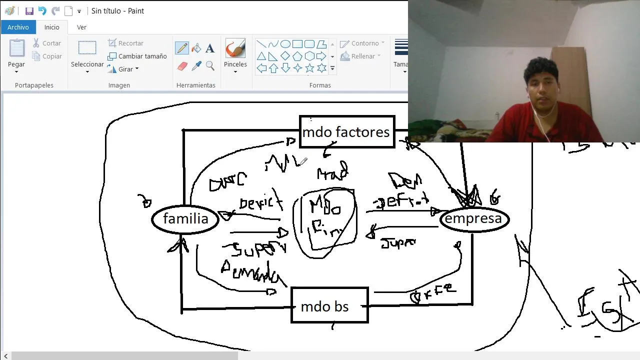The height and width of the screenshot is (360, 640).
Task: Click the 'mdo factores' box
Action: pyautogui.click(x=346, y=132)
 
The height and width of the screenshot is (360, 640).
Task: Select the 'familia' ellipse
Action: pyautogui.click(x=185, y=219)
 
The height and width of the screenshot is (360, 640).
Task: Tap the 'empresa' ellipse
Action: pyautogui.click(x=473, y=219)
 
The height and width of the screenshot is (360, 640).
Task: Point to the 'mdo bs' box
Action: pyautogui.click(x=329, y=306)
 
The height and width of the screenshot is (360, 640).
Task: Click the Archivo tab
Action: pyautogui.click(x=18, y=27)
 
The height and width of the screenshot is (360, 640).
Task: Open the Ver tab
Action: pyautogui.click(x=81, y=27)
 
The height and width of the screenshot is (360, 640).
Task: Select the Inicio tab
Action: pyautogui.click(x=51, y=27)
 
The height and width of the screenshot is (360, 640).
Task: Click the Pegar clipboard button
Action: pyautogui.click(x=16, y=54)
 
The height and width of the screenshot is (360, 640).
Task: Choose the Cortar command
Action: pyautogui.click(x=47, y=43)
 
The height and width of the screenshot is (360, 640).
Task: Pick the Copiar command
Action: pyautogui.click(x=47, y=56)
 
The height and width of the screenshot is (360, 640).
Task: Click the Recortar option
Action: pyautogui.click(x=126, y=43)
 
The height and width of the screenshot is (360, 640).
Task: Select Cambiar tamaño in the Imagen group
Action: pyautogui.click(x=137, y=56)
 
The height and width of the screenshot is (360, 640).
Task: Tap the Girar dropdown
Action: pyautogui.click(x=123, y=69)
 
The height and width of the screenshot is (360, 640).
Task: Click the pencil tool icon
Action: pyautogui.click(x=182, y=48)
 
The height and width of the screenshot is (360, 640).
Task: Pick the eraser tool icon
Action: pyautogui.click(x=182, y=66)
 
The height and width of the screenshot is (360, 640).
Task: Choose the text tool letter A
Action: pyautogui.click(x=210, y=48)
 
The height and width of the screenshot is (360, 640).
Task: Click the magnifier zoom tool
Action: pyautogui.click(x=210, y=66)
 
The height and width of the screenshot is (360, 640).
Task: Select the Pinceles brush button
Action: pyautogui.click(x=235, y=54)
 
